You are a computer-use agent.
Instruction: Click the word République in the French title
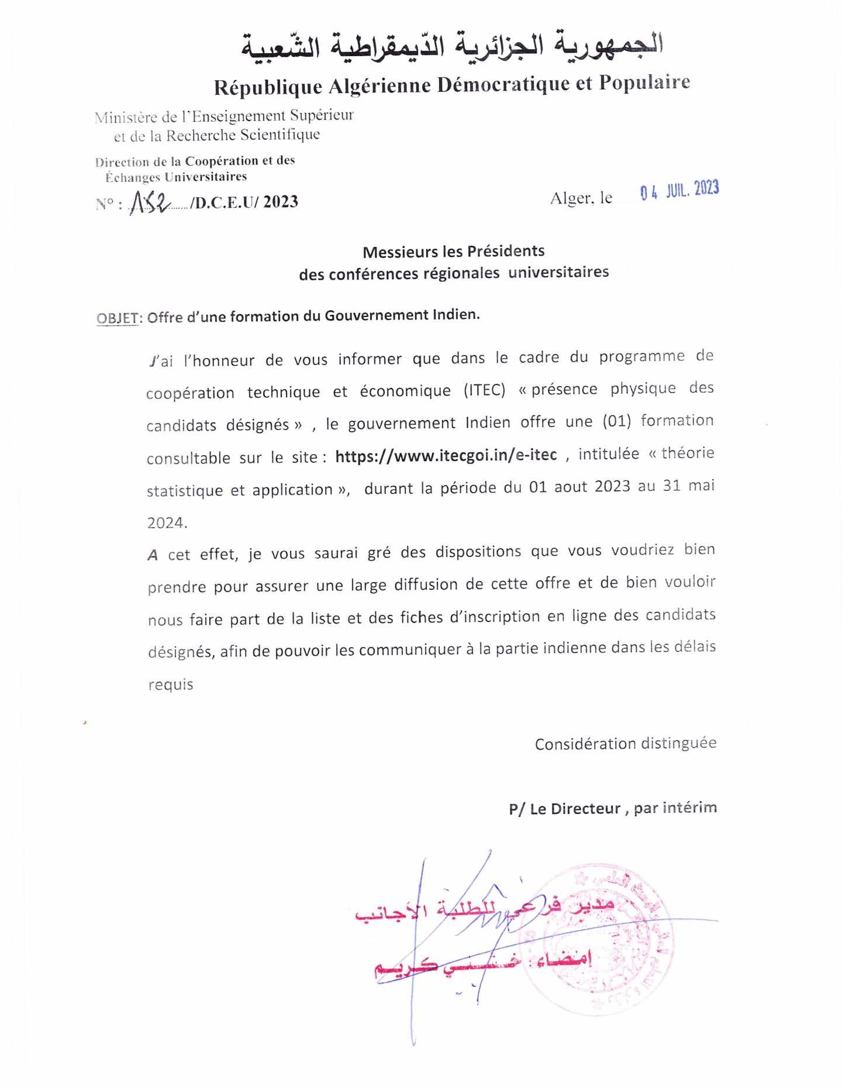[268, 87]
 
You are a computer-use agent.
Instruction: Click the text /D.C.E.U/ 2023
[244, 202]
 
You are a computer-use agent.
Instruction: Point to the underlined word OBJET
[118, 318]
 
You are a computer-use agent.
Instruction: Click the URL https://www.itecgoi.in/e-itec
[446, 455]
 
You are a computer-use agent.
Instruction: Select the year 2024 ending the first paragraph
[165, 522]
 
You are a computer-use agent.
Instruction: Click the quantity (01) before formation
[616, 421]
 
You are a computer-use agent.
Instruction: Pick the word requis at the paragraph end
[170, 684]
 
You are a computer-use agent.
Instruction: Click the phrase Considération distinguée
[625, 744]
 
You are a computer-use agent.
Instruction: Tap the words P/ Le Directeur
[564, 809]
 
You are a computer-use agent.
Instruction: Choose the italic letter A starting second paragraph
[153, 555]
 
